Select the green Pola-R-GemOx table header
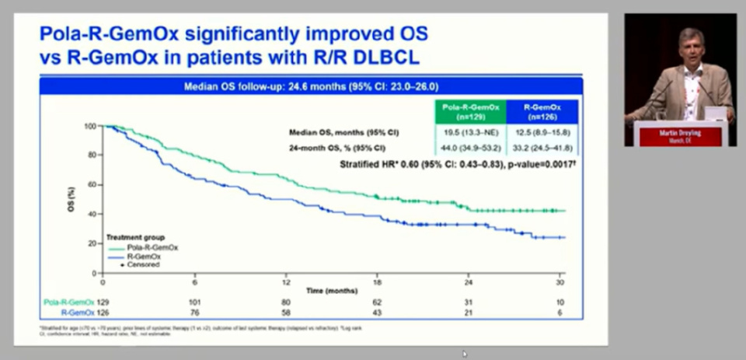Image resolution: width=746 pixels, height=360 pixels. (x=470, y=110)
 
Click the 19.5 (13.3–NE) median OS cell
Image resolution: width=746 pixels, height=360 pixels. (x=470, y=132)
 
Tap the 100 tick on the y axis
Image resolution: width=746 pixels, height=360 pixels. (x=90, y=126)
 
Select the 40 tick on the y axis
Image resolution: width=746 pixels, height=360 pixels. (x=92, y=214)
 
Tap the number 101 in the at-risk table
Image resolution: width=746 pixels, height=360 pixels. (x=194, y=302)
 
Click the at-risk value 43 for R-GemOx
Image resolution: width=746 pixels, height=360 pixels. (x=377, y=312)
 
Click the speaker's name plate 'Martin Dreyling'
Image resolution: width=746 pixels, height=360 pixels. (x=679, y=133)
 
